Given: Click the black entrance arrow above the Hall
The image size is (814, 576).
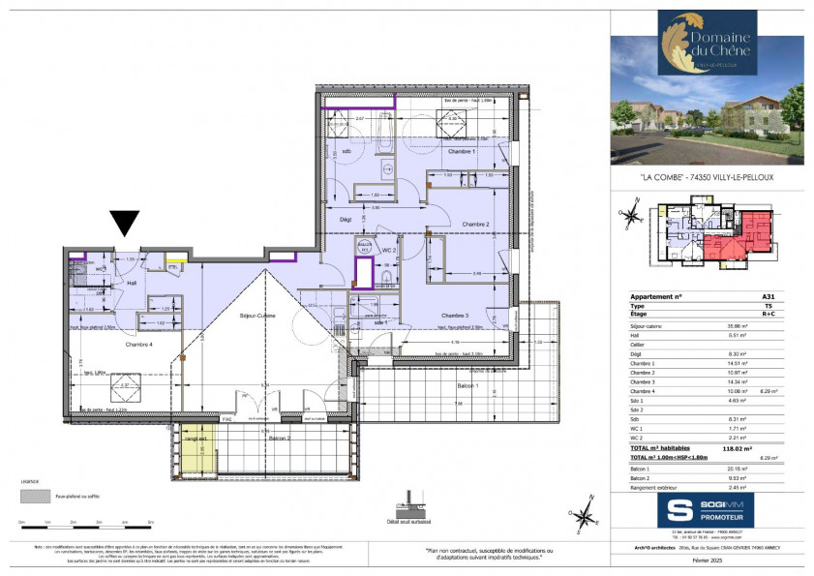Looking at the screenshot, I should [x=124, y=225].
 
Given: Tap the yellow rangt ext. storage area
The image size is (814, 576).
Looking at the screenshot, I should [x=197, y=440].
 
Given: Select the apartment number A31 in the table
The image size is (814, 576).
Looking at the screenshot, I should [x=769, y=296].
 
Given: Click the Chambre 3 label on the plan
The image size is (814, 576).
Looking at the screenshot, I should [x=456, y=317].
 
